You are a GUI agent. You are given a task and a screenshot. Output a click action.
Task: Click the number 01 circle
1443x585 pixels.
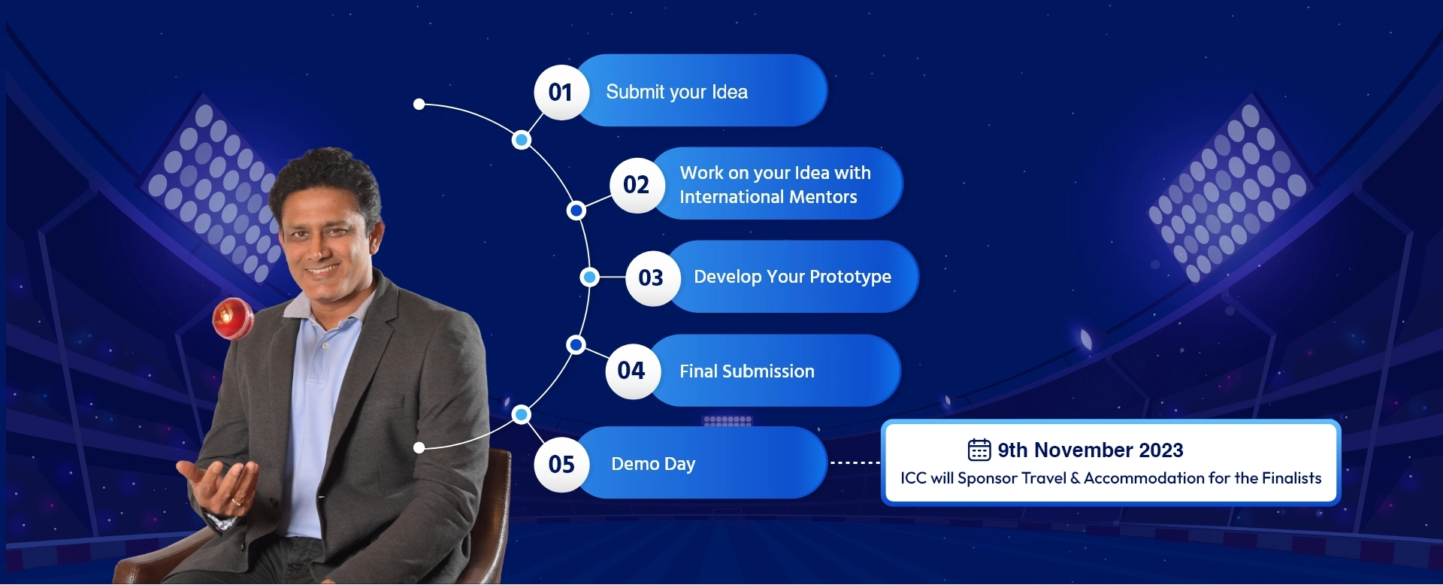[561, 92]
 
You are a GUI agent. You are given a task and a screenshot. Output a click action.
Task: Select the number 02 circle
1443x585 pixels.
[637, 185]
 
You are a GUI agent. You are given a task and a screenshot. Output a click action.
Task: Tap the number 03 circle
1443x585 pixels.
[652, 278]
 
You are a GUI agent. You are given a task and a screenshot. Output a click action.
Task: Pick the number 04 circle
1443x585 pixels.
[633, 371]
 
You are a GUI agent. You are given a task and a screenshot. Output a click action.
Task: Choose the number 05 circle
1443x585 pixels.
[561, 465]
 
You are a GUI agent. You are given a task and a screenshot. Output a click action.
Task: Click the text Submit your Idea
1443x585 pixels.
[676, 92]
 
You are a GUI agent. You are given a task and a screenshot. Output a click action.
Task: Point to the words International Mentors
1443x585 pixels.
[768, 197]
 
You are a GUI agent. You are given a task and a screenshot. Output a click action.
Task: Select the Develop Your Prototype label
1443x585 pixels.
[792, 277]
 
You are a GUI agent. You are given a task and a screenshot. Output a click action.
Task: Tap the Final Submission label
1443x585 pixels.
[747, 371]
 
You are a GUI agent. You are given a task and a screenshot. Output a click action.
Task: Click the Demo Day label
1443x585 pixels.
[653, 464]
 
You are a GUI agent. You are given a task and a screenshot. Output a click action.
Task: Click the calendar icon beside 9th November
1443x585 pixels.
[979, 450]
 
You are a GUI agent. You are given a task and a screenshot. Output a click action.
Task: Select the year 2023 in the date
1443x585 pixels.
[1161, 450]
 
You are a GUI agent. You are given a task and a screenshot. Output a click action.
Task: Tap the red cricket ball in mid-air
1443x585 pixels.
[234, 318]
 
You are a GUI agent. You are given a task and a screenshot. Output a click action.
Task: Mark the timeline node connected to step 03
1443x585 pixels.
[590, 277]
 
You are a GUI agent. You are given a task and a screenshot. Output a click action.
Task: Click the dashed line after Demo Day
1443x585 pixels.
[855, 463]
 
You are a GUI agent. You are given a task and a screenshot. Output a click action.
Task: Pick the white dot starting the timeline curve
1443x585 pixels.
[419, 105]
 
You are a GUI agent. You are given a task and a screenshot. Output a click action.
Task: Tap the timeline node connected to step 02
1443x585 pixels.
[576, 211]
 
